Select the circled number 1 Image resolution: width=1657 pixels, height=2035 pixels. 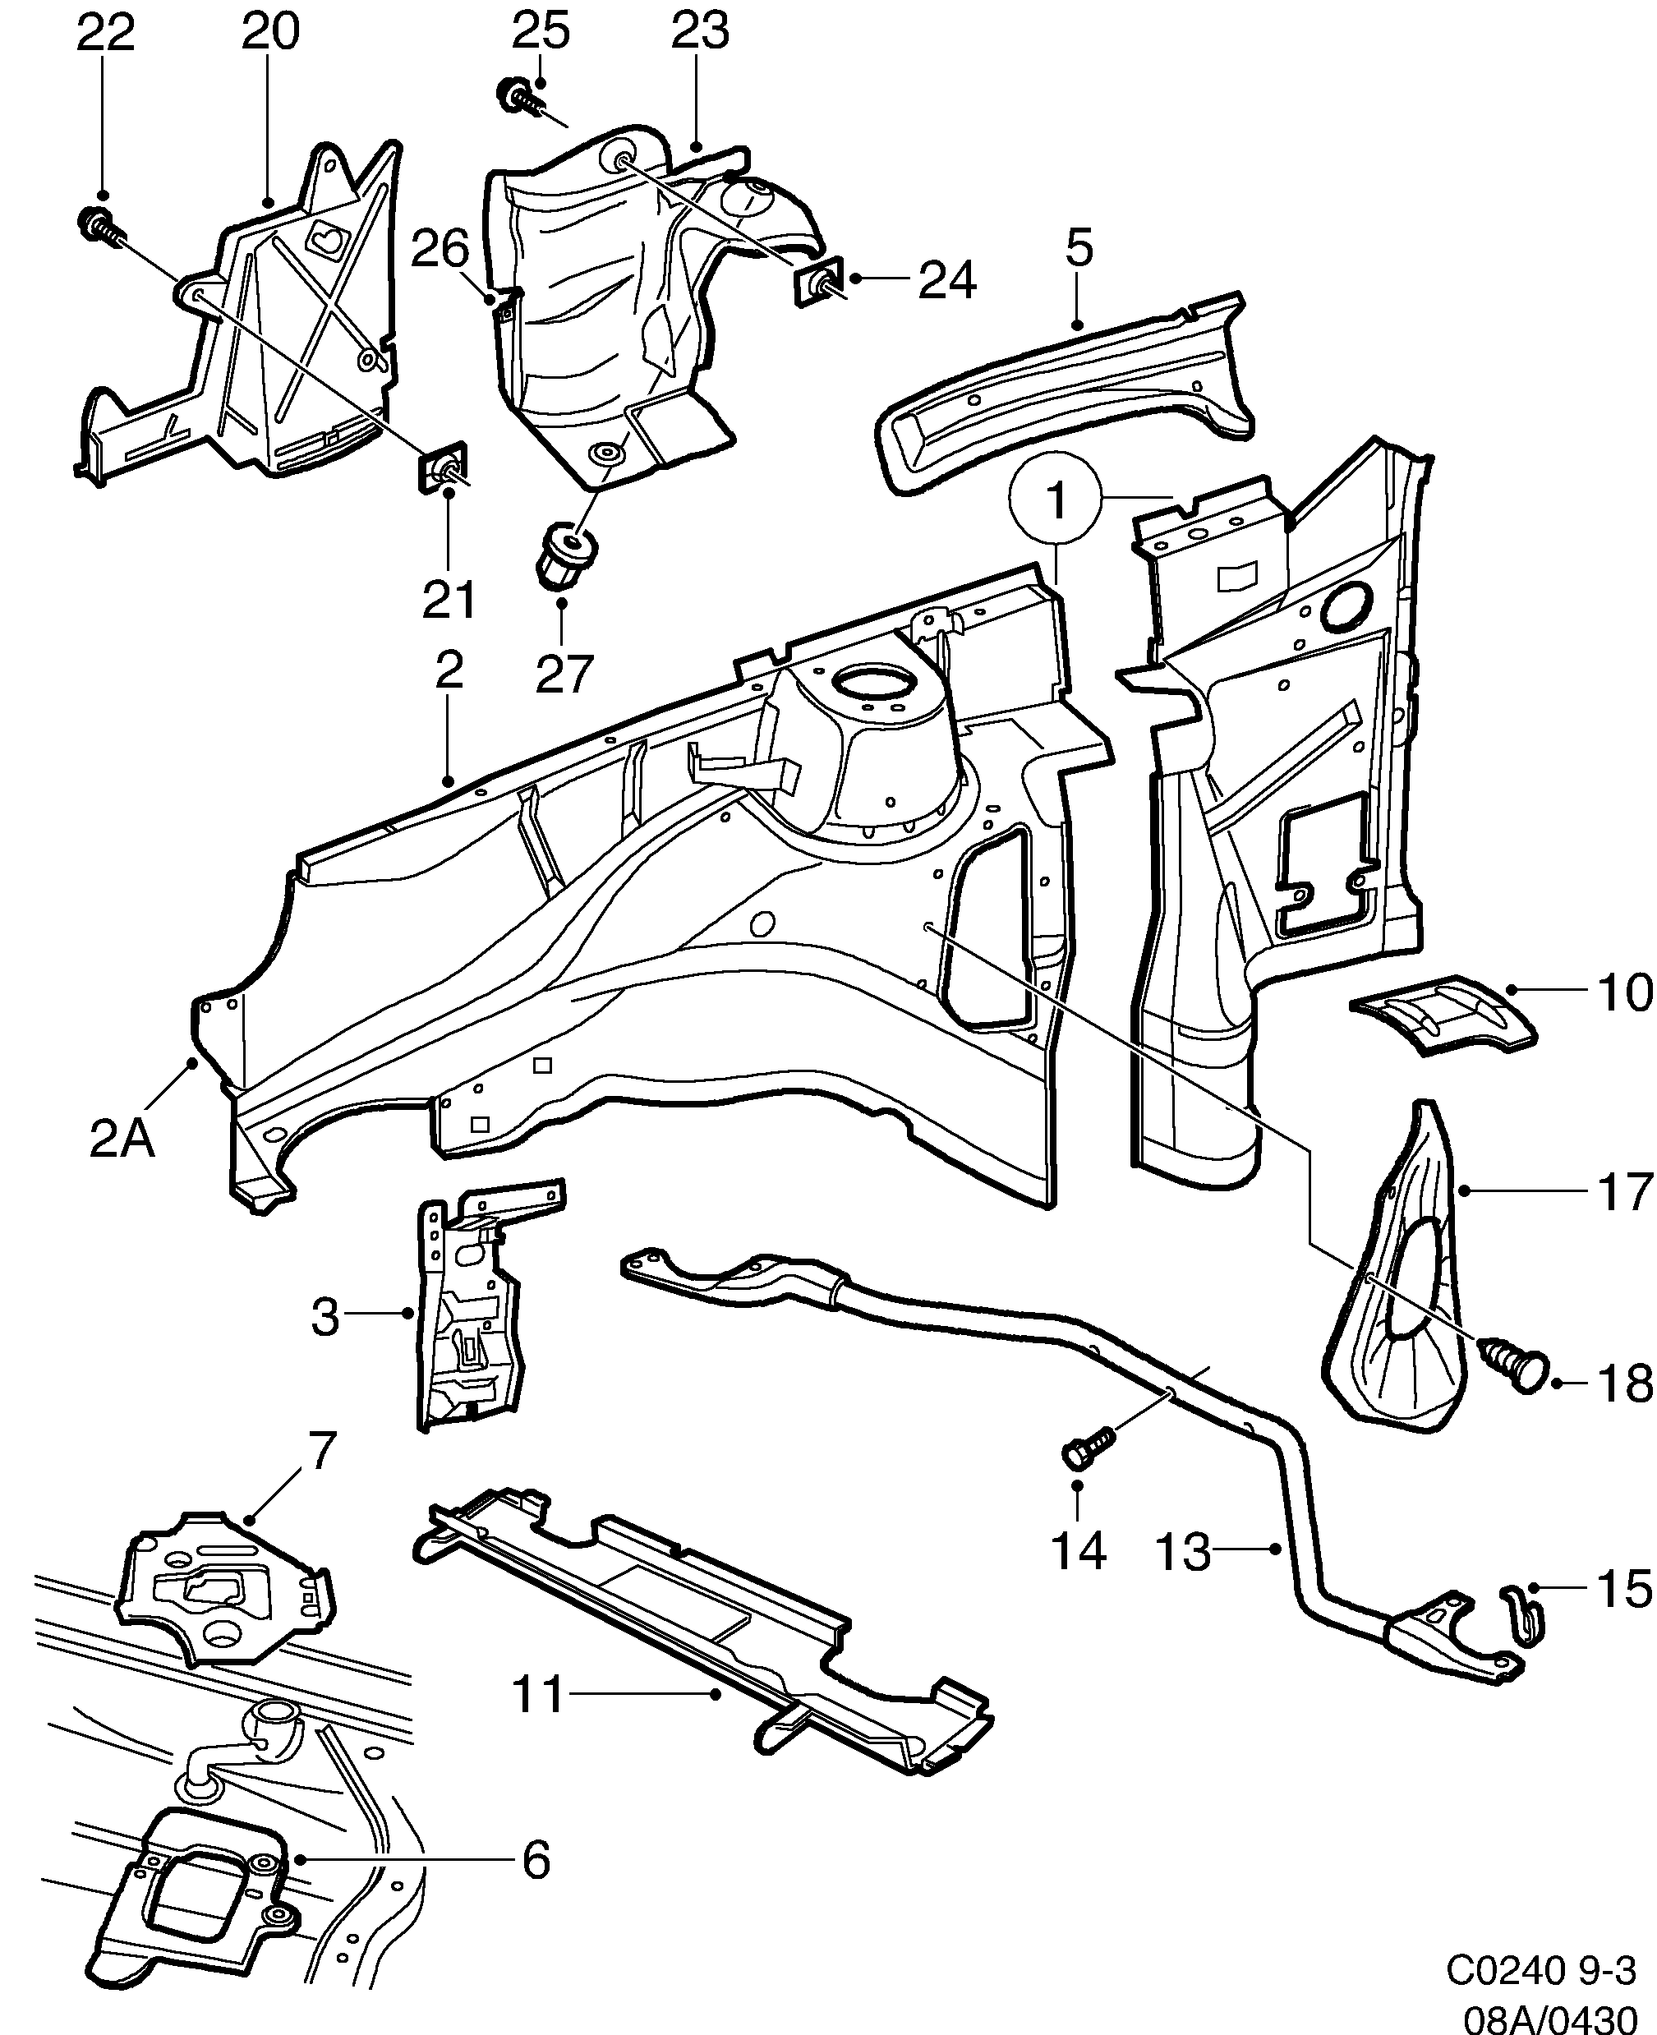(x=1056, y=500)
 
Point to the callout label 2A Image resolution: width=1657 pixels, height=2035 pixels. (x=122, y=1139)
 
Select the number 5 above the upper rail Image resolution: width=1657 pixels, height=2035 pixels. (x=1079, y=250)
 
